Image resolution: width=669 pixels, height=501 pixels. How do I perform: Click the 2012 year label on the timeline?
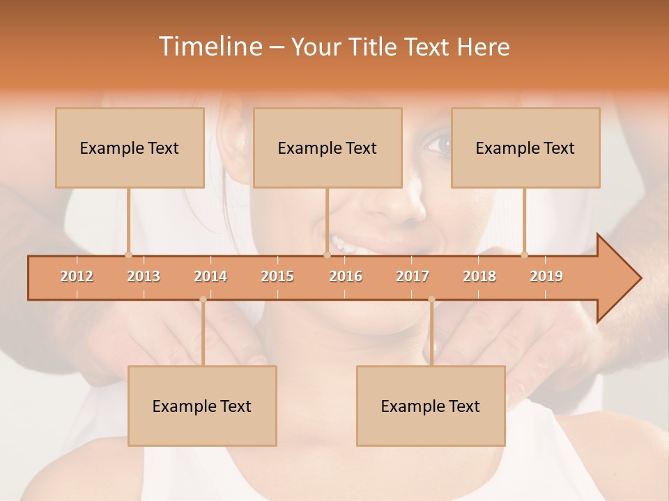[x=77, y=276]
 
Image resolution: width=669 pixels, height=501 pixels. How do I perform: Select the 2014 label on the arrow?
[x=210, y=276]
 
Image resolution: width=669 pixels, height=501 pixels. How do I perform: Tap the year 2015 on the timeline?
[x=277, y=276]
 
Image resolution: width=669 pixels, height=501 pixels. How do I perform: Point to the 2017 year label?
[x=413, y=276]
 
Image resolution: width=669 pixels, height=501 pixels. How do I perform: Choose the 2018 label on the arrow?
[x=479, y=276]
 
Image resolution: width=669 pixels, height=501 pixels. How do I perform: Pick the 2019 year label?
[x=546, y=276]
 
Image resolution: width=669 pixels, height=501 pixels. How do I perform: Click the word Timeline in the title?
[x=209, y=47]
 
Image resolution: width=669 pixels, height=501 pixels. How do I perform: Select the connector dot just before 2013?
[x=128, y=255]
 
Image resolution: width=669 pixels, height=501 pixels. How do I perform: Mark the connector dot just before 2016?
[x=327, y=255]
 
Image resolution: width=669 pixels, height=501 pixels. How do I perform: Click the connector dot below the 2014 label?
[x=203, y=299]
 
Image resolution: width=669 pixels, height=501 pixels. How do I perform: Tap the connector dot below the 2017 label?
[x=431, y=299]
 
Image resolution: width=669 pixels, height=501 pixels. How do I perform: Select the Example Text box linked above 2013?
[x=130, y=148]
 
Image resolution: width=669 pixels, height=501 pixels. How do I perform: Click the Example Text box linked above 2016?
[x=328, y=148]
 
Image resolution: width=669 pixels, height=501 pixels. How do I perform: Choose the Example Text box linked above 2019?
[x=525, y=148]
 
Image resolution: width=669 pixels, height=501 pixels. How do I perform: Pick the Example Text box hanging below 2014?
[x=202, y=406]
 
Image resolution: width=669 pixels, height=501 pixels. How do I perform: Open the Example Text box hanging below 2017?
[x=431, y=406]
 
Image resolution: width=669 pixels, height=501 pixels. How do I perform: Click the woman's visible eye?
[x=438, y=145]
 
